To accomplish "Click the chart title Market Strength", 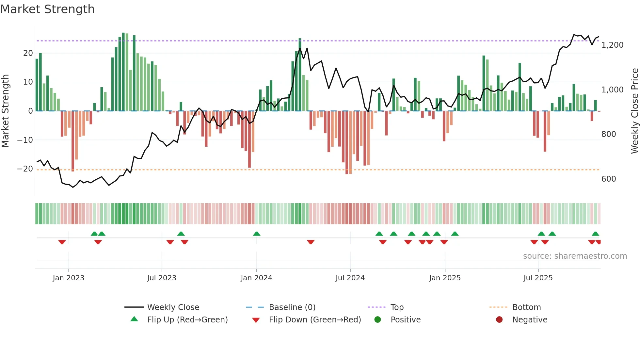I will coord(47,9).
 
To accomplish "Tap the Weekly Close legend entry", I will coord(173,307).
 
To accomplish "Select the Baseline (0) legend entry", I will coord(292,307).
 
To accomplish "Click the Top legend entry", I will coord(397,307).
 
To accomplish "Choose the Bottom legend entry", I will coord(526,307).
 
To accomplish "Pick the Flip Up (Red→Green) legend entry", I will coord(187,319).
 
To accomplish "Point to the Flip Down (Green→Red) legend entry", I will coord(314,319).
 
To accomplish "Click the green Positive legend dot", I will coord(378,319).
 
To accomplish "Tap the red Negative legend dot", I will coord(499,319).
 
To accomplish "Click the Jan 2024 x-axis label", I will coord(256,278).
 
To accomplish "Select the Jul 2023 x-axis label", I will coord(162,278).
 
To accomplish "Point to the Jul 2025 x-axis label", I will coord(538,278).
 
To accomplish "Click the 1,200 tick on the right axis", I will coord(612,45).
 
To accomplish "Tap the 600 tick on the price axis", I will coord(609,179).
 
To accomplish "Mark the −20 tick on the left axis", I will coord(25,169).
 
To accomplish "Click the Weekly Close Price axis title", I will coord(634,111).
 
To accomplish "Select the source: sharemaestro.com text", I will coord(575,256).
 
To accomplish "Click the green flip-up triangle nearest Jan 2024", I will coord(257,234).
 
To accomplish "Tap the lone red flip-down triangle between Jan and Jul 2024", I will coord(311,242).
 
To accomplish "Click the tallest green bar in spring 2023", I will coord(123,72).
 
